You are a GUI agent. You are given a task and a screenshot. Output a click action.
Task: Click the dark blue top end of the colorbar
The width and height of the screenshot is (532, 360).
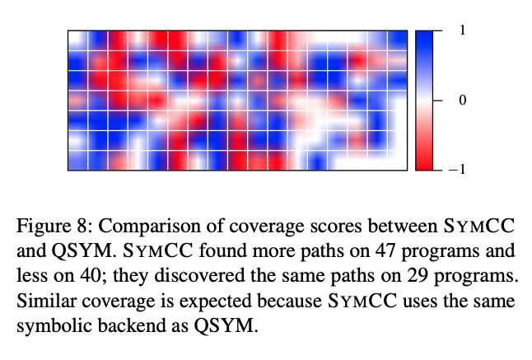click(x=424, y=37)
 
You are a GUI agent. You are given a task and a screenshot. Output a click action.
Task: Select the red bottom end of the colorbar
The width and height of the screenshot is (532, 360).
click(x=424, y=163)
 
